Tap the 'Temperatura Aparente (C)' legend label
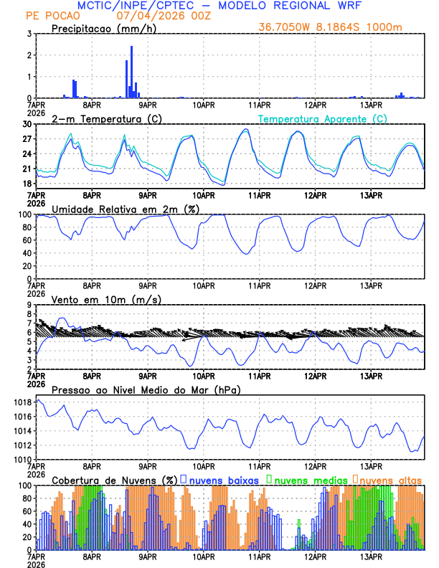[x=322, y=118]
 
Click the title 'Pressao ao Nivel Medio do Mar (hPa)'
[x=146, y=389]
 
